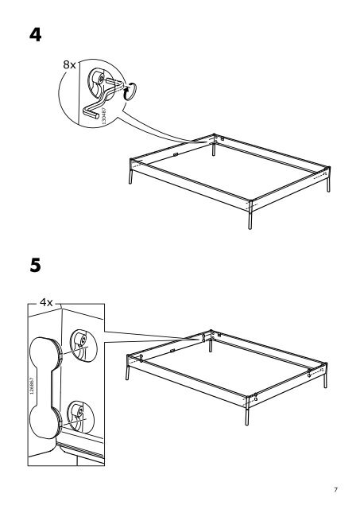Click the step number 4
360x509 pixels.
click(x=35, y=35)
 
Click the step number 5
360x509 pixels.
click(x=35, y=265)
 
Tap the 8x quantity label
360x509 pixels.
click(x=69, y=65)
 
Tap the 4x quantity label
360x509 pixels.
click(x=46, y=302)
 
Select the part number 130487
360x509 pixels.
click(x=104, y=115)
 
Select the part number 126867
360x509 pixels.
click(x=32, y=386)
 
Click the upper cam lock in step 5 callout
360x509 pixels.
click(x=83, y=344)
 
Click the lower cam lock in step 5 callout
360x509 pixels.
click(x=80, y=417)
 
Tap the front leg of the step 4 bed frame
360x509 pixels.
click(x=250, y=215)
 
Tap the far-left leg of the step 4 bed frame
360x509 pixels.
click(x=131, y=172)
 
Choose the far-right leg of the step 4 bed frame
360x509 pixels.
click(x=328, y=180)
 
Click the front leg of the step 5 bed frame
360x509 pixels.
click(x=247, y=411)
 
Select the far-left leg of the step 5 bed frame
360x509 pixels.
click(x=127, y=367)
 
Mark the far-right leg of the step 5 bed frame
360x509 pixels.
click(x=325, y=375)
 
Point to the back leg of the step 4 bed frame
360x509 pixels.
click(x=214, y=146)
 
